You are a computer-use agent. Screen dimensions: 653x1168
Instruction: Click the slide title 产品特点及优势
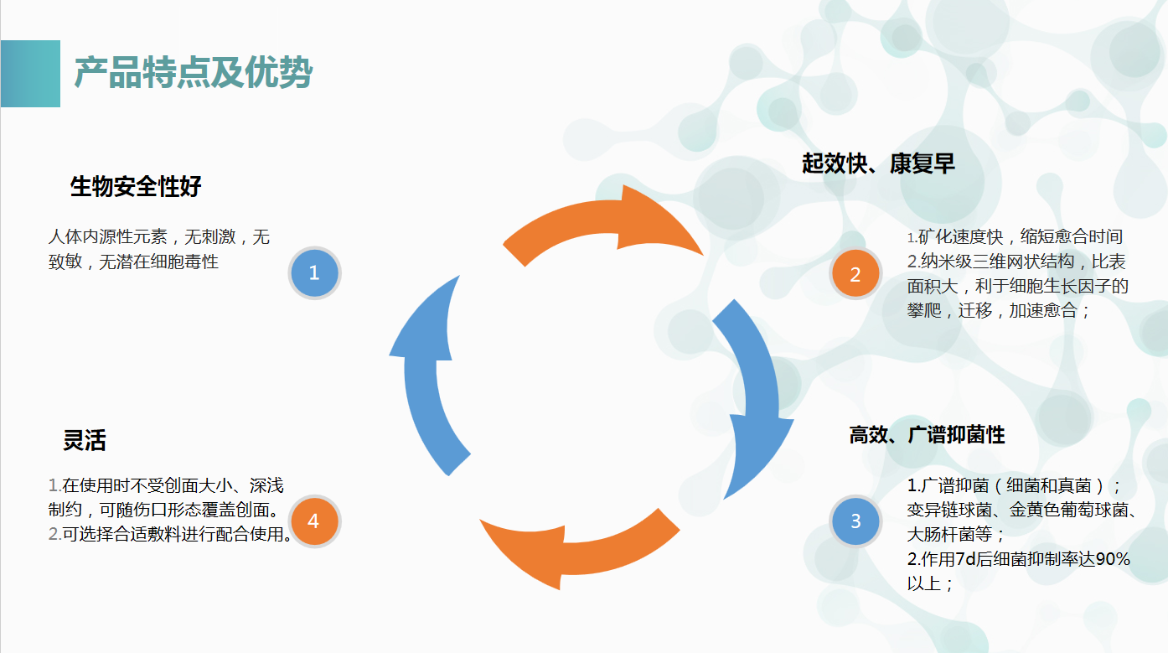194,74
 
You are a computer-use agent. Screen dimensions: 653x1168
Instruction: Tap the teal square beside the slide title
30,74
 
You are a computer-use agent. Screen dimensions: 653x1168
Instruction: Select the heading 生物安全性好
136,186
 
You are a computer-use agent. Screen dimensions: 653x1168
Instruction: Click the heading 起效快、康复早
878,163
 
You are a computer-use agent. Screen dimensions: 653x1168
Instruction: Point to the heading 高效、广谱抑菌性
927,435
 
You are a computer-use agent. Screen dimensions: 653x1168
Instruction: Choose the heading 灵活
84,440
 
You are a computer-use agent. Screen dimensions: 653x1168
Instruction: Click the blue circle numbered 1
314,272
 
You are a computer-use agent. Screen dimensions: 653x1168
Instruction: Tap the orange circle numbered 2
855,274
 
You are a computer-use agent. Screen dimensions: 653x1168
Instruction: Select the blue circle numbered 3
855,521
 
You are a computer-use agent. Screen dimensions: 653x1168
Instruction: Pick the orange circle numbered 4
313,521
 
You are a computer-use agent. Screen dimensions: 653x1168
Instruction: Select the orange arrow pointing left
578,545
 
